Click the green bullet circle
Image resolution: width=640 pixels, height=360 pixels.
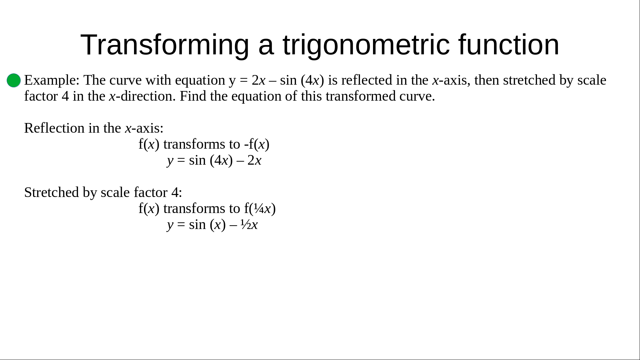point(14,80)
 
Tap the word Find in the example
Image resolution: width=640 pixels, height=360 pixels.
point(193,96)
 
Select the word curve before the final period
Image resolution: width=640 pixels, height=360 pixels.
point(415,96)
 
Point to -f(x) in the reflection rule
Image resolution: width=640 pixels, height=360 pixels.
point(257,144)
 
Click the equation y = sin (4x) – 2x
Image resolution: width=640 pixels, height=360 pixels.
point(214,160)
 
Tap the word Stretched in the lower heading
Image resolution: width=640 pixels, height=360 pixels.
point(52,192)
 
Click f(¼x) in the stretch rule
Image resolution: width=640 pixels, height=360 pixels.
point(260,209)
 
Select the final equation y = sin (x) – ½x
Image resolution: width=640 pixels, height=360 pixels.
point(212,225)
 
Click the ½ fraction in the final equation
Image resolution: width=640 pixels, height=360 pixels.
point(246,225)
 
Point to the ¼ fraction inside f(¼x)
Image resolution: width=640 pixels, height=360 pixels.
point(259,209)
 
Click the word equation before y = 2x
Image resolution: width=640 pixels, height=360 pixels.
point(200,81)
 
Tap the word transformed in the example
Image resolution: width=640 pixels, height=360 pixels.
point(361,96)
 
